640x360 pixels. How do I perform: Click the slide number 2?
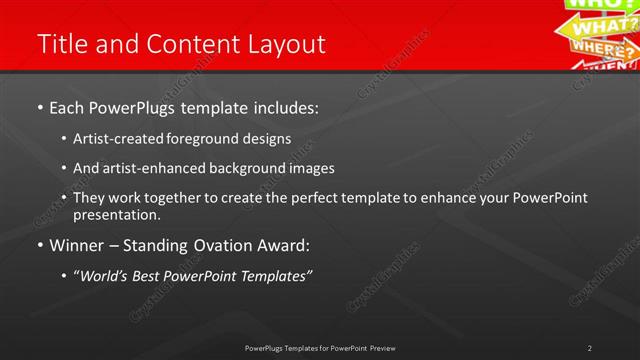click(x=590, y=348)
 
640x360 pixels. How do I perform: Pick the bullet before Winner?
click(x=39, y=245)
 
